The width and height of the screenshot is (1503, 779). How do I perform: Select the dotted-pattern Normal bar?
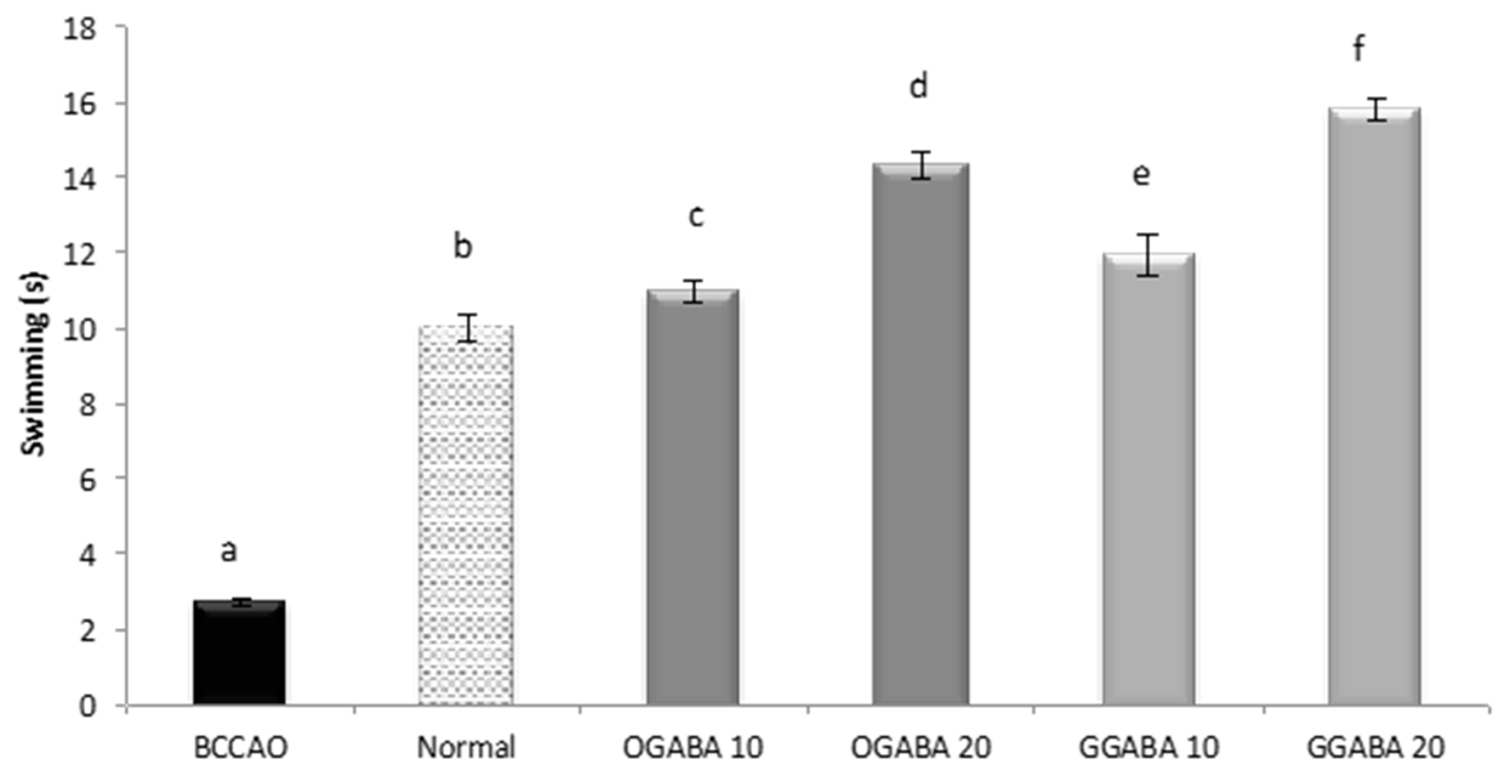click(x=466, y=516)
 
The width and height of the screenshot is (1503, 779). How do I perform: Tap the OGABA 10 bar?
click(x=692, y=497)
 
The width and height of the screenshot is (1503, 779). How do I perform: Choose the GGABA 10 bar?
click(x=1148, y=479)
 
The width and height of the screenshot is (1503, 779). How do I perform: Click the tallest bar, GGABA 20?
click(x=1374, y=406)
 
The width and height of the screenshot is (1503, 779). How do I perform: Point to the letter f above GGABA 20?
click(x=1359, y=49)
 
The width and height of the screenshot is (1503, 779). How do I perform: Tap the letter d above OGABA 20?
click(x=919, y=87)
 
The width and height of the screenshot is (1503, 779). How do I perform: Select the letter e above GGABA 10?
click(x=1141, y=175)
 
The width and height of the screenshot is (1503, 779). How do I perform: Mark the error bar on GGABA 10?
click(x=1147, y=255)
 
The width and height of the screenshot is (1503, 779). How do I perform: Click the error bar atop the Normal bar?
click(x=467, y=328)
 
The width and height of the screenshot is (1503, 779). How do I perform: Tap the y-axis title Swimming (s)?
click(x=33, y=364)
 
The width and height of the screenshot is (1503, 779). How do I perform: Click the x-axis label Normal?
click(x=466, y=747)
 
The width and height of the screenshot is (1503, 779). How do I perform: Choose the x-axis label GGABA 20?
click(x=1375, y=747)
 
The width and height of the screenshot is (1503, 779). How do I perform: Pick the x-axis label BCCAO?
click(x=240, y=747)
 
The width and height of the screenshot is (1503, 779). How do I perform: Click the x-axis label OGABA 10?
click(x=692, y=747)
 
